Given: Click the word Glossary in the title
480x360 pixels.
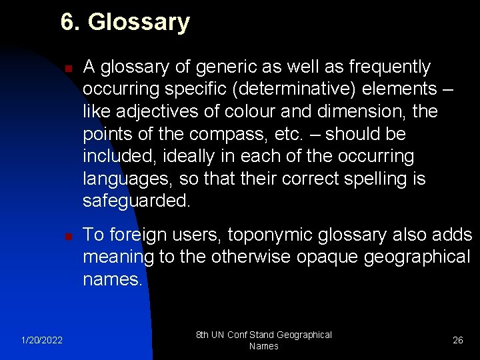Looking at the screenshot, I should tap(139, 22).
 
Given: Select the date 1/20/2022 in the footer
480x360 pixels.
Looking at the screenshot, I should tap(41, 341).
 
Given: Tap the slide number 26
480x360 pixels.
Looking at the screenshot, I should tap(458, 341).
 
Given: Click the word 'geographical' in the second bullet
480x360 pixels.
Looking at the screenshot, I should tap(416, 257).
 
